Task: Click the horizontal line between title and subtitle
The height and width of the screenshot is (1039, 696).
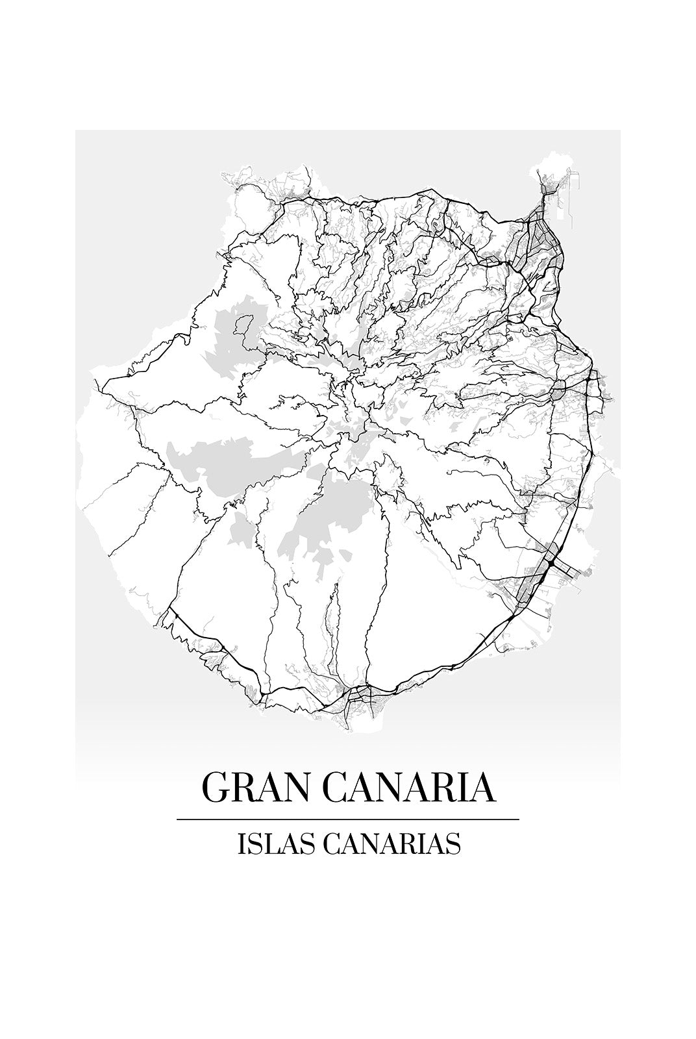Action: (348, 820)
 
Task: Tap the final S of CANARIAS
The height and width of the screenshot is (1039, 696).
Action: (455, 844)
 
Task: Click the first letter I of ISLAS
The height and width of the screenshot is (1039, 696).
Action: (242, 844)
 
